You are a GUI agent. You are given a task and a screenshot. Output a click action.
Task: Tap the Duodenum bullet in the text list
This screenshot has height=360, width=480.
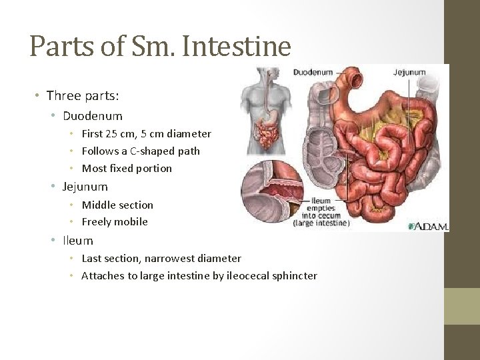point(93,116)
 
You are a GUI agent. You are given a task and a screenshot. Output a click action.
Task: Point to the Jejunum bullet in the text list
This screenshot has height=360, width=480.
point(85,187)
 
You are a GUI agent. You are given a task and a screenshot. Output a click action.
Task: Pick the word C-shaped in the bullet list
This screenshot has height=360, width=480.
point(153,151)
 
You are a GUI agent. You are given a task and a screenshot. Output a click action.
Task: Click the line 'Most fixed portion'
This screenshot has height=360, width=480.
point(127,168)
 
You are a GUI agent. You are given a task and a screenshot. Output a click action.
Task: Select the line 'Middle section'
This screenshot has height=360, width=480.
point(117,205)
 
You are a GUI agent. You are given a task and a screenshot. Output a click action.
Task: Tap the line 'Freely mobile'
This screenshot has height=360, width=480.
point(115,221)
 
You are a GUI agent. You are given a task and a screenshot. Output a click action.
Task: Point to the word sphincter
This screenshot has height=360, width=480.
point(293,275)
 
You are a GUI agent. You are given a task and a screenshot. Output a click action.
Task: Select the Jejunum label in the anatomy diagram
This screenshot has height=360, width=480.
point(409,72)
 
